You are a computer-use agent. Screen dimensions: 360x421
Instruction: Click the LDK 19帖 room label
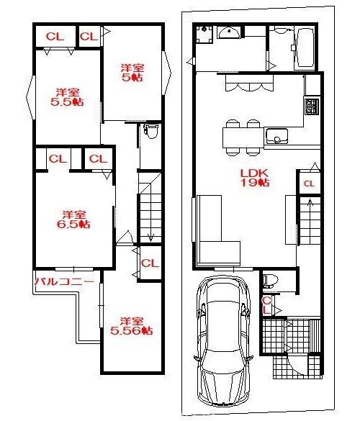click(255, 178)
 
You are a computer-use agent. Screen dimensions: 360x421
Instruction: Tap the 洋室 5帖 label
click(132, 73)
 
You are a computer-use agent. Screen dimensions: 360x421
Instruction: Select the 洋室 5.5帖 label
click(67, 97)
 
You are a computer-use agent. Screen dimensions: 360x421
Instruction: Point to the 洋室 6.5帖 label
click(73, 219)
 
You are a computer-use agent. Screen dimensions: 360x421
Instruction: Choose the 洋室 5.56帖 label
click(132, 326)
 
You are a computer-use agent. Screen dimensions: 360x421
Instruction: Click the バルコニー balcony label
click(65, 281)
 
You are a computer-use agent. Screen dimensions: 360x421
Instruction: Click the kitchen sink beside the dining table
click(277, 136)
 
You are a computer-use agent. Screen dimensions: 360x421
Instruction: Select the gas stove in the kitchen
click(312, 106)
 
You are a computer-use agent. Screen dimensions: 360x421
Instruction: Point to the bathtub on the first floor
click(305, 47)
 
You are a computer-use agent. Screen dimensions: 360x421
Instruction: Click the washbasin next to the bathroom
click(229, 32)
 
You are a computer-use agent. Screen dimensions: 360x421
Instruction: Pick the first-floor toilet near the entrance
click(270, 281)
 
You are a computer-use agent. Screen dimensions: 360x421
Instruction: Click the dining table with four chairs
click(243, 137)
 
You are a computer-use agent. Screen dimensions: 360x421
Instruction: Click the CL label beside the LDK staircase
click(309, 184)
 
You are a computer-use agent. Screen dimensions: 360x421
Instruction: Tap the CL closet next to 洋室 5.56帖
click(150, 263)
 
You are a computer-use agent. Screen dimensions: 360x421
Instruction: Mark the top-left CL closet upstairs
click(55, 37)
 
